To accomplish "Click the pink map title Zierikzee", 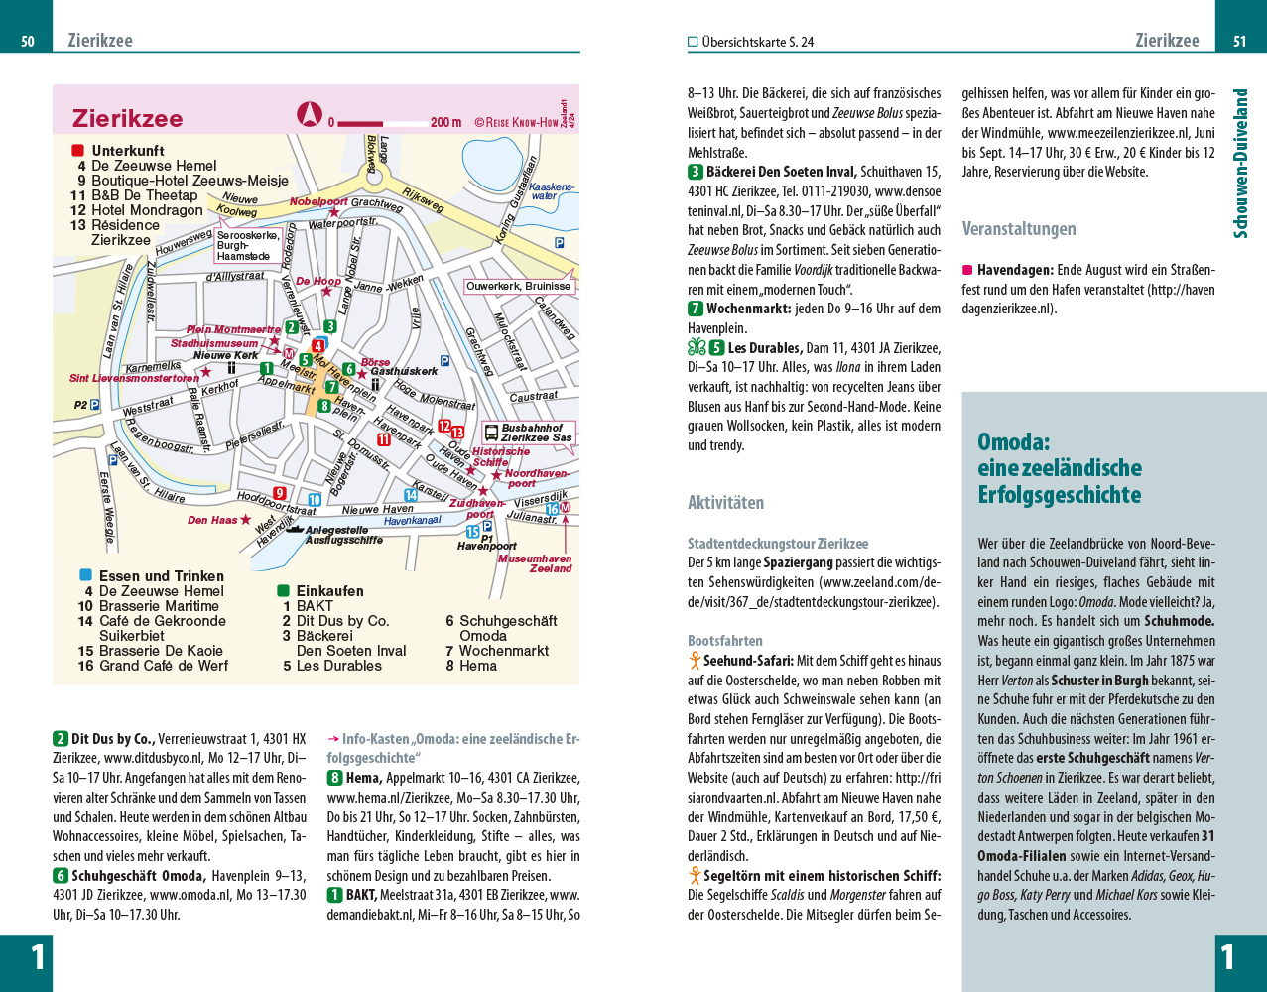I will pos(128,119).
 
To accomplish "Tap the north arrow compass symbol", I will pos(311,115).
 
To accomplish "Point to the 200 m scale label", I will pos(445,123).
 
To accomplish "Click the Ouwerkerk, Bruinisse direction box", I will pos(519,287).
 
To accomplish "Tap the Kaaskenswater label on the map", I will pos(552,191).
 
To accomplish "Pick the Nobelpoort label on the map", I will pos(318,202).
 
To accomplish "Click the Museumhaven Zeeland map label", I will pos(535,563).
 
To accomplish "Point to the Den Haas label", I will pos(212,520).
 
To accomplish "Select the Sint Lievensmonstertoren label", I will pos(134,378).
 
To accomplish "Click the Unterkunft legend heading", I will pos(128,151).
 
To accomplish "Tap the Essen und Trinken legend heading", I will pos(162,576).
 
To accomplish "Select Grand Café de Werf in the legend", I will pos(164,666).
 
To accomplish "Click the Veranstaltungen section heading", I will pos(1019,229).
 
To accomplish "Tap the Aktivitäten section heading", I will pos(726,503).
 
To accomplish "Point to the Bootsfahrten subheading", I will pos(725,641).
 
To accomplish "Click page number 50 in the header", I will pos(28,42).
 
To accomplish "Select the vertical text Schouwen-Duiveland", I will pos(1240,164).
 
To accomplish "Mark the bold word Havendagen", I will pos(1015,270).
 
